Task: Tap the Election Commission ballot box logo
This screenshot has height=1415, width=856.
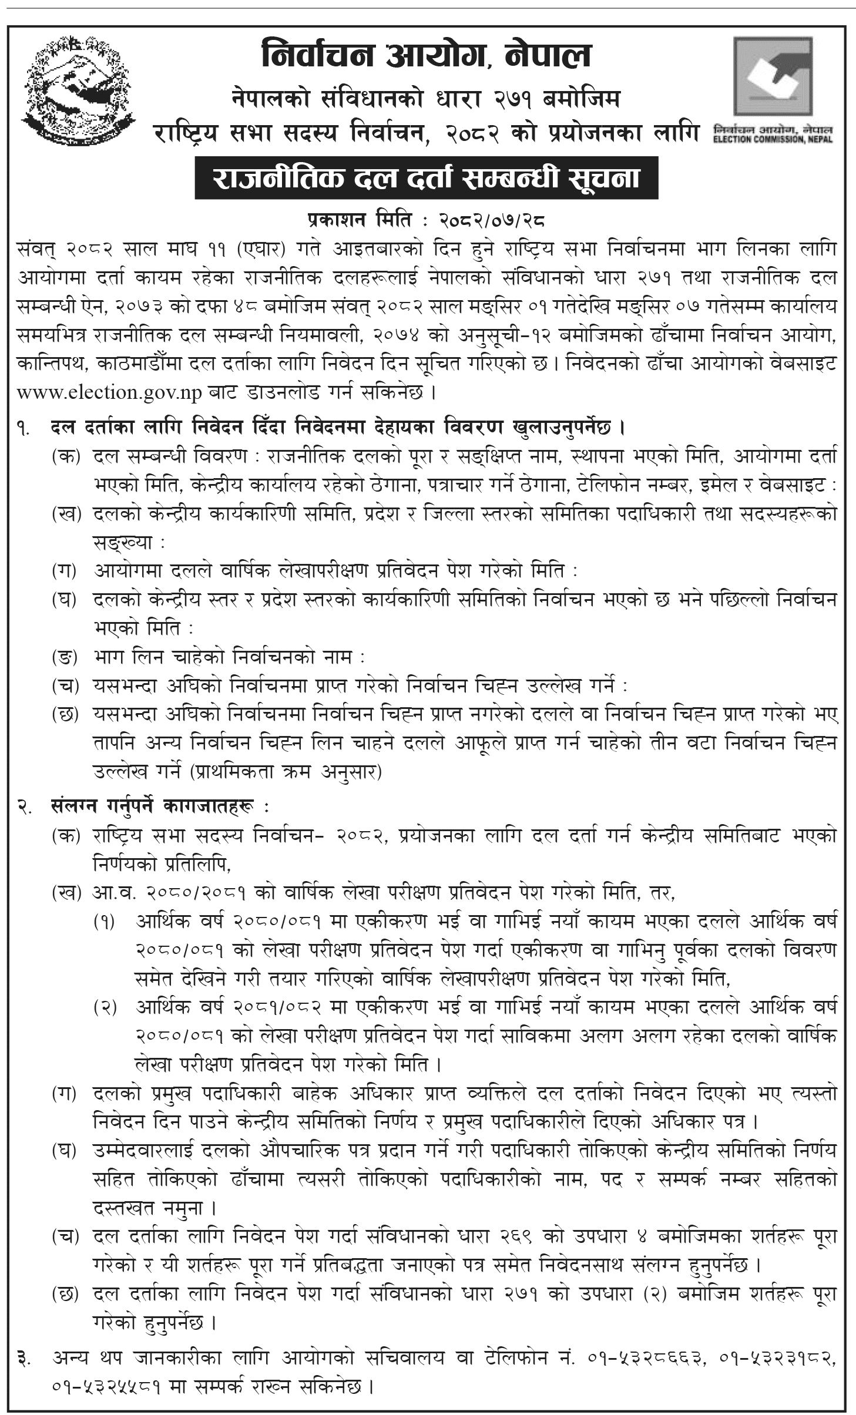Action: click(x=773, y=76)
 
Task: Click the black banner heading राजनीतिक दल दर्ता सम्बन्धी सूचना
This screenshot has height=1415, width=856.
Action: click(x=427, y=178)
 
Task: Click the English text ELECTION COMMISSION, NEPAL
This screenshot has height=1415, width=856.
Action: click(x=773, y=140)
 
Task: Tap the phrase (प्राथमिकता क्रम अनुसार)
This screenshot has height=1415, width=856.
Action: click(x=286, y=772)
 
